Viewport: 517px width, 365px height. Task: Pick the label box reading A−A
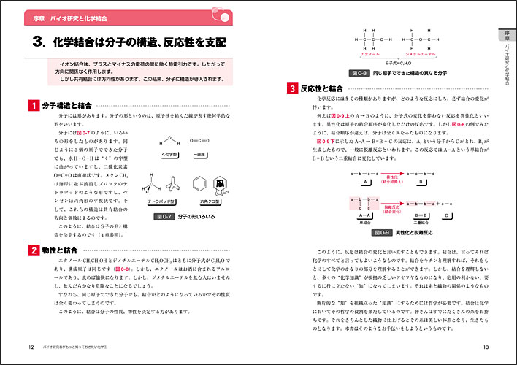point(364,215)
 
